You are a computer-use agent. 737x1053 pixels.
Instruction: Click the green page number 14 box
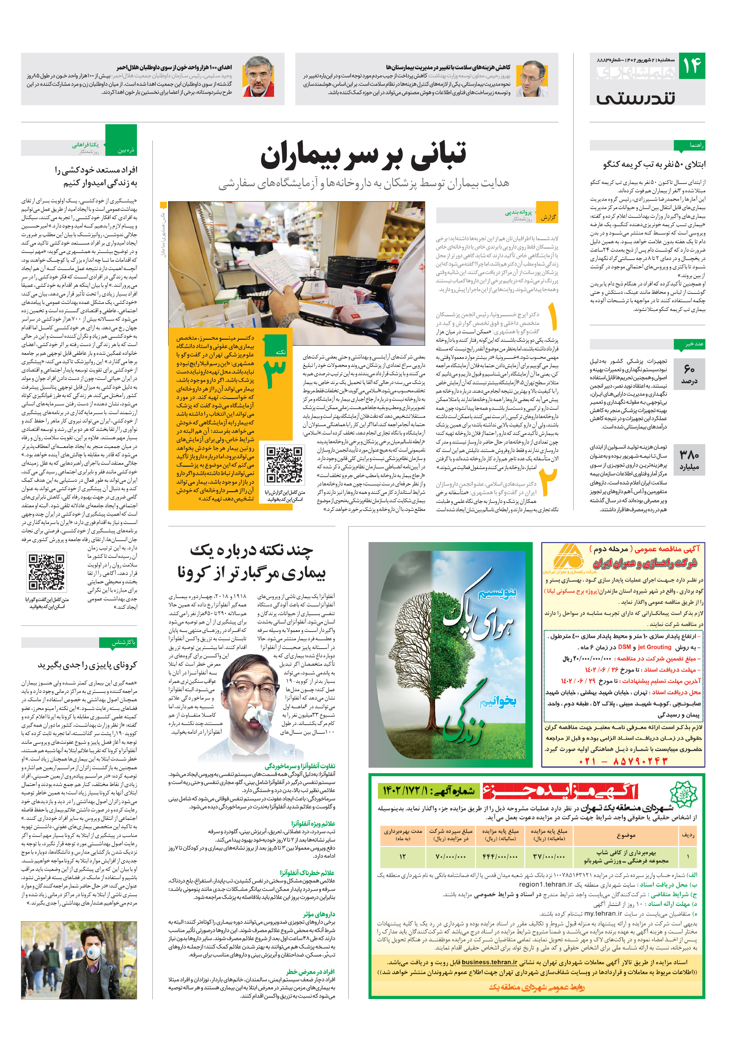691,66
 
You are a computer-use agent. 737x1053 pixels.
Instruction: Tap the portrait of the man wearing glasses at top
531,79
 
